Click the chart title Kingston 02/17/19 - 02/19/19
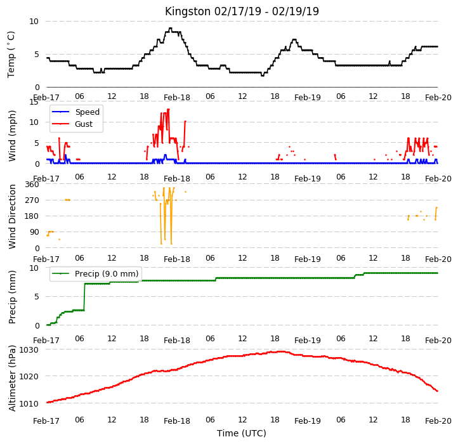click(x=242, y=11)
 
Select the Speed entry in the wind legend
click(x=75, y=112)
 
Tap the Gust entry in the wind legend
click(x=72, y=124)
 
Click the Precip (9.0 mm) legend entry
click(x=95, y=274)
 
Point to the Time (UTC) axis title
click(x=242, y=433)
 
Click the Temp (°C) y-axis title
click(x=11, y=55)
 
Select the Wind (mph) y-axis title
click(x=12, y=136)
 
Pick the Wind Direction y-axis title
click(x=12, y=216)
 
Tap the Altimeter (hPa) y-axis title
click(x=12, y=378)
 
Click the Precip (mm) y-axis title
click(x=12, y=297)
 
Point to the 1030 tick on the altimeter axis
click(x=29, y=349)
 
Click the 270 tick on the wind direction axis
click(x=32, y=200)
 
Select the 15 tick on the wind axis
click(x=34, y=102)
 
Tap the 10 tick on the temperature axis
click(x=34, y=22)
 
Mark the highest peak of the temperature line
click(x=171, y=29)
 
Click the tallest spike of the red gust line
click(x=168, y=110)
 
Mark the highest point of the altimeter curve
click(x=281, y=351)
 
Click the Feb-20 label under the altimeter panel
click(x=438, y=421)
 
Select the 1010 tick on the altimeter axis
click(x=29, y=403)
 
